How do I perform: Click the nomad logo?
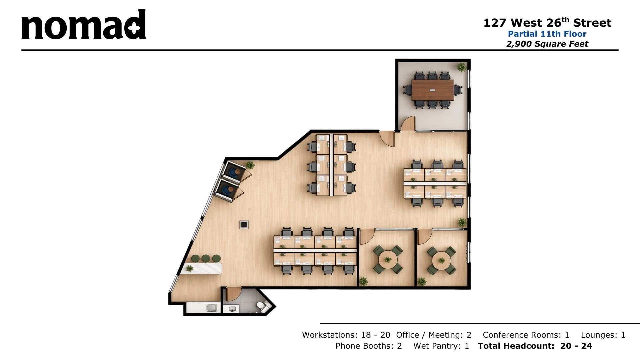[84, 25]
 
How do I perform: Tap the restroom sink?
[232, 309]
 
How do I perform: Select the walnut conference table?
[432, 90]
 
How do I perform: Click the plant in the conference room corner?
[462, 67]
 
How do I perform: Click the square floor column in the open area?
[244, 225]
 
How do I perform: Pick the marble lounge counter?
[202, 268]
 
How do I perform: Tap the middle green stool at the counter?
[206, 258]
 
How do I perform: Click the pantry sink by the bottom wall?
[211, 307]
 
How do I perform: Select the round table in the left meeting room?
[388, 259]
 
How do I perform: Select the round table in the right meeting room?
[442, 259]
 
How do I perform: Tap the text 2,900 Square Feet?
[547, 44]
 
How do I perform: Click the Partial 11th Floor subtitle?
[547, 34]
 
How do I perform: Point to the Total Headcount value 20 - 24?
[576, 346]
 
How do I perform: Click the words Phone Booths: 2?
[368, 346]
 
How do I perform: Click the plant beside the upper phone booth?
[250, 164]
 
